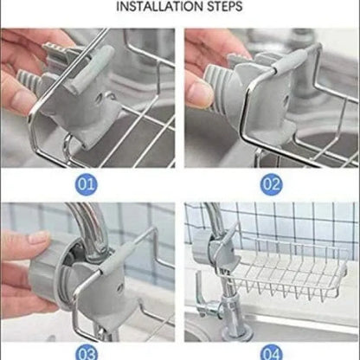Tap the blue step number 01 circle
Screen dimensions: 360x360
87,183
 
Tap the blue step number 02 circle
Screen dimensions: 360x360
272,183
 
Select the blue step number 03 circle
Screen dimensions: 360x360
87,352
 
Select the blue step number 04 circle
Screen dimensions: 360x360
272,352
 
